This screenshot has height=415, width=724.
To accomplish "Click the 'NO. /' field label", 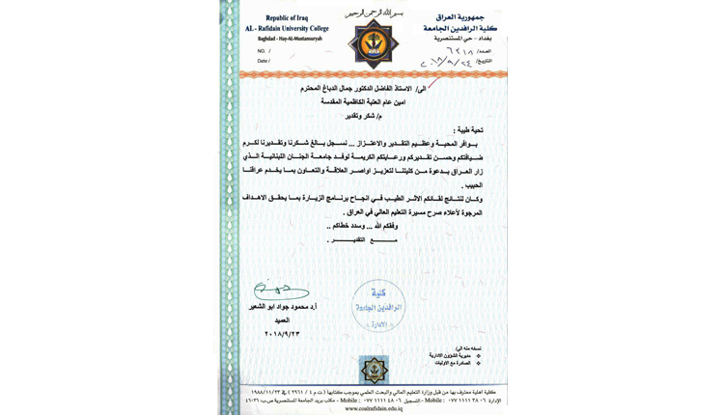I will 262,51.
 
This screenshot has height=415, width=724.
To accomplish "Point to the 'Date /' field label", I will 264,61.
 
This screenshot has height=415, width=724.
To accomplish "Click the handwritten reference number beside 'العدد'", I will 460,49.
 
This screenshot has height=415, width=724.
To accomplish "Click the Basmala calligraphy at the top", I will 374,12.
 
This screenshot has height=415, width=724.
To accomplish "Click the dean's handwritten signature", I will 279,290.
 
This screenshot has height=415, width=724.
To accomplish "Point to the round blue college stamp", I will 376,306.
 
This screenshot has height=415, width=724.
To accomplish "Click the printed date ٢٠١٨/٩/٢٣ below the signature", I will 282,334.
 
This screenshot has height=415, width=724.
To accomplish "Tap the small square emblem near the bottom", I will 373,369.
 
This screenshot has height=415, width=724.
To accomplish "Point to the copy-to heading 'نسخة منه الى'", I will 465,347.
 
